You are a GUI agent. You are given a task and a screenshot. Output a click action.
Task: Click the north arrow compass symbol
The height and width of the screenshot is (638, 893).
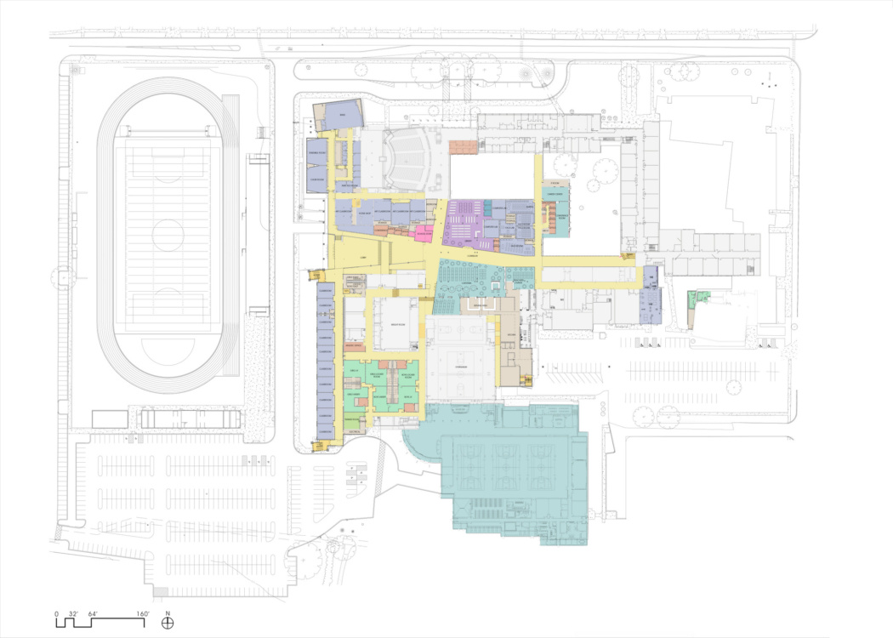(168, 622)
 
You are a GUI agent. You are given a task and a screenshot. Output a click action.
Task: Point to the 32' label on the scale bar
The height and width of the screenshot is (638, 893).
(74, 613)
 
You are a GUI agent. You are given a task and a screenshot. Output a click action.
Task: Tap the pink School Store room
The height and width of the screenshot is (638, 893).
(422, 231)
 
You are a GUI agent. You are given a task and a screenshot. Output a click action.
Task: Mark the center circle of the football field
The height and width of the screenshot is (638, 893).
(168, 234)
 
